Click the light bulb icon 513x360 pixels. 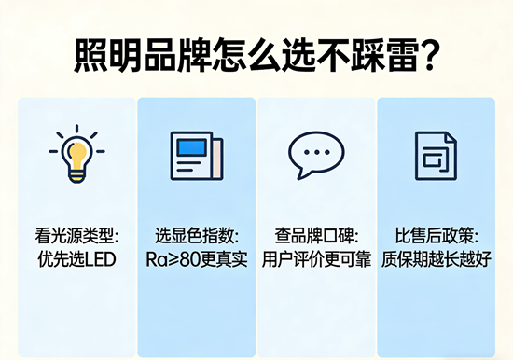pyautogui.click(x=76, y=155)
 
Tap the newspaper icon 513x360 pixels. pyautogui.click(x=196, y=155)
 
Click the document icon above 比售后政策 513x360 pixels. pyautogui.click(x=435, y=155)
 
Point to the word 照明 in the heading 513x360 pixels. pyautogui.click(x=104, y=57)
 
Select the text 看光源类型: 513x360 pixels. pyautogui.click(x=77, y=235)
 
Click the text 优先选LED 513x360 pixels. pyautogui.click(x=77, y=258)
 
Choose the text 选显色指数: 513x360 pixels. pyautogui.click(x=196, y=235)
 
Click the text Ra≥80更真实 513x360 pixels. pyautogui.click(x=196, y=258)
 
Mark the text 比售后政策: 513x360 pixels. pyautogui.click(x=435, y=235)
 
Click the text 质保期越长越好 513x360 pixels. pyautogui.click(x=435, y=258)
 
